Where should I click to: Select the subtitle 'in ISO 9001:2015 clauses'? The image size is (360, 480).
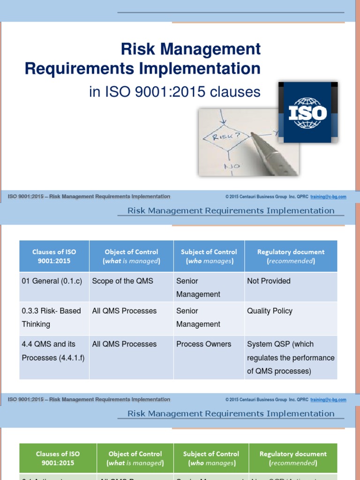(x=174, y=92)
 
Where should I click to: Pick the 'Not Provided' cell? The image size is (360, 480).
(x=269, y=281)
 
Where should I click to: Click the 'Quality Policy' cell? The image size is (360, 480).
(x=270, y=311)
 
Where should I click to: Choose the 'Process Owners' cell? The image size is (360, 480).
(x=203, y=344)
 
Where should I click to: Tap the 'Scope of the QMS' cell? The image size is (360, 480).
(x=122, y=281)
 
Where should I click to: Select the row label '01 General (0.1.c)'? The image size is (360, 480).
(x=52, y=281)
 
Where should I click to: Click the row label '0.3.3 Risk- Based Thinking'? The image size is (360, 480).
(x=52, y=317)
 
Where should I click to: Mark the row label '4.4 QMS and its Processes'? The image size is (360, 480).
(x=53, y=351)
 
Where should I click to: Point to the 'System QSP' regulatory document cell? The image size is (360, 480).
(x=290, y=357)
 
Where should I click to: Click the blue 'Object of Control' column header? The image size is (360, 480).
(x=131, y=256)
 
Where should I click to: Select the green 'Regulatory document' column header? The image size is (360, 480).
(x=293, y=458)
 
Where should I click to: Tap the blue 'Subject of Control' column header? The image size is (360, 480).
(x=209, y=256)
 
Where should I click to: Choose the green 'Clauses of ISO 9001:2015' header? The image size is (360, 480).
(x=58, y=458)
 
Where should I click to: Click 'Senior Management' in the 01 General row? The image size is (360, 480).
(x=198, y=287)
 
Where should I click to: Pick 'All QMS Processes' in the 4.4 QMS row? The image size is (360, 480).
(x=124, y=344)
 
